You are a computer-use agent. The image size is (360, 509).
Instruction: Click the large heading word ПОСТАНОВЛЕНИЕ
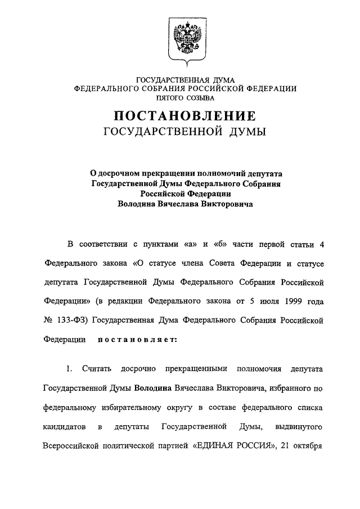click(185, 116)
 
